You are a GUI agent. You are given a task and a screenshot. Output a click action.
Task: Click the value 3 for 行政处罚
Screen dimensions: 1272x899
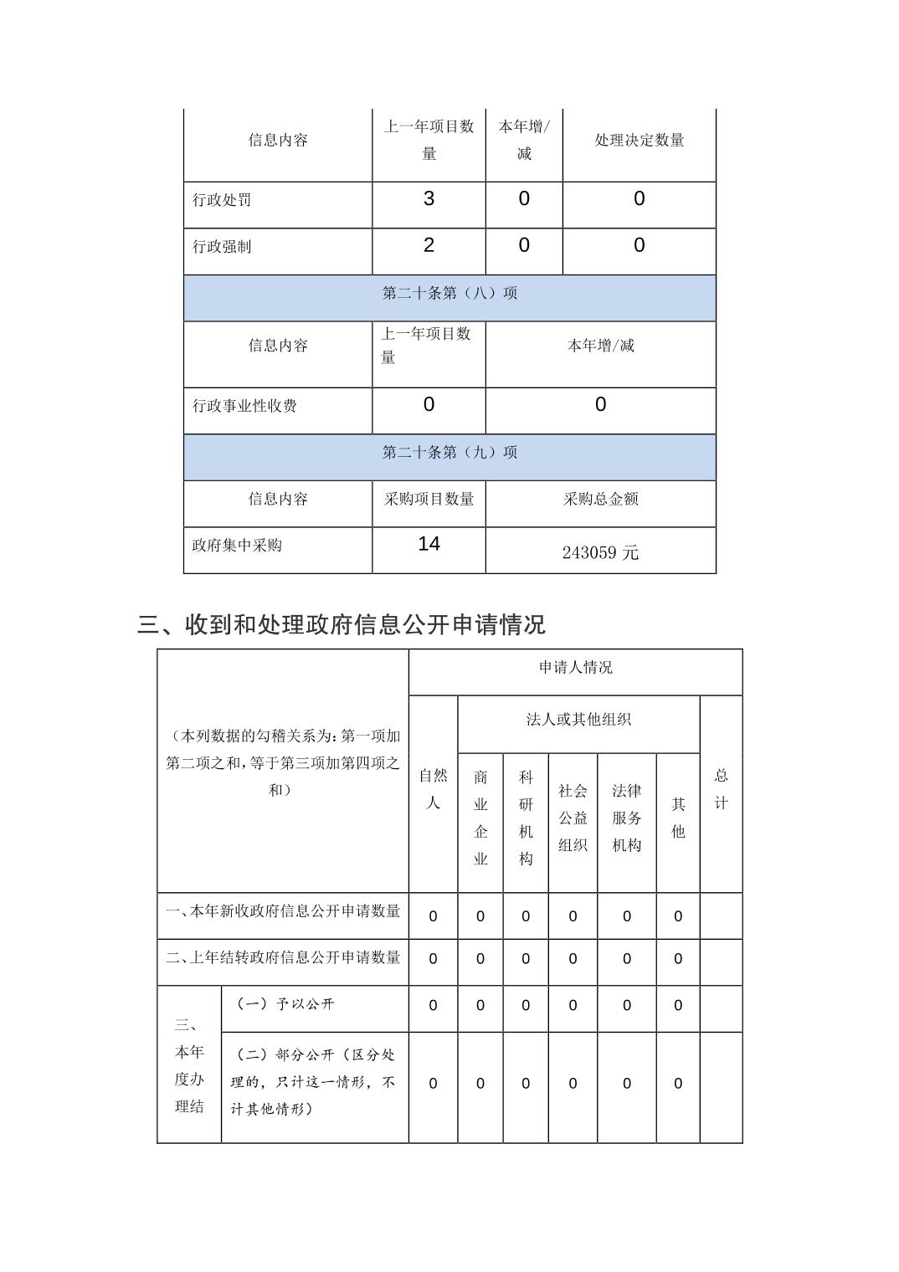point(429,199)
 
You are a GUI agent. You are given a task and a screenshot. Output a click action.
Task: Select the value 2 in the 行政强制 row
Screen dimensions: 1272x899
point(429,245)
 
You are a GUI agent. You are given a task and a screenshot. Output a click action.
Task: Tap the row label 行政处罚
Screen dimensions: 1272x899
point(222,200)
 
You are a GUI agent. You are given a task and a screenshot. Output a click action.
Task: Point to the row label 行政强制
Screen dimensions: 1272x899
point(222,247)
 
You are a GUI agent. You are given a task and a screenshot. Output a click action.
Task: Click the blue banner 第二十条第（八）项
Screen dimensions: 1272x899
point(449,293)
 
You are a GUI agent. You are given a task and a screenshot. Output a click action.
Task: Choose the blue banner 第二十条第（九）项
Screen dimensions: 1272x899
point(449,453)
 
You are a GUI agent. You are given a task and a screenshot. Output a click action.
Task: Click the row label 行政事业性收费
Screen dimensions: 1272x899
point(244,406)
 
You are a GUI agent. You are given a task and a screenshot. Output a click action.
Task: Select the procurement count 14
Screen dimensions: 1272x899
point(429,544)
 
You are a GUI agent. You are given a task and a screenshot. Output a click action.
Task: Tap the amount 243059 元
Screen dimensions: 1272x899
point(600,552)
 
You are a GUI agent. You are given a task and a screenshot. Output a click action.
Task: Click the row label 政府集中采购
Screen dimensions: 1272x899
point(237,546)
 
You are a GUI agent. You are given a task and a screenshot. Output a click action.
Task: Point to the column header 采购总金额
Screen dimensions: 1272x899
point(600,499)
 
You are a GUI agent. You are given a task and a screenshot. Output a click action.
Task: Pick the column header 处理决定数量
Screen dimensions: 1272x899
point(639,141)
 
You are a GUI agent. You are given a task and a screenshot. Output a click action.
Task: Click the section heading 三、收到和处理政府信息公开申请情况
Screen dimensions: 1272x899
point(342,624)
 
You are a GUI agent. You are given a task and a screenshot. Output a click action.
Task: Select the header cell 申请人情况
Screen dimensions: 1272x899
point(575,668)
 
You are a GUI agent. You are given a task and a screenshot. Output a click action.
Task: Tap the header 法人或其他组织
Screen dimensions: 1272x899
point(578,720)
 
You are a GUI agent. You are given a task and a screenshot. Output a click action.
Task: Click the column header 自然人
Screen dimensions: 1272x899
point(433,789)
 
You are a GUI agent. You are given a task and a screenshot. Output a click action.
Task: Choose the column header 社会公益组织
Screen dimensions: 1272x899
point(573,818)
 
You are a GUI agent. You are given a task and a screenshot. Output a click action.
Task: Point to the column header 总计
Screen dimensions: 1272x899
point(721,789)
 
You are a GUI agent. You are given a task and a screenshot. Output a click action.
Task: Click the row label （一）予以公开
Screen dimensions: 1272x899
point(285,1004)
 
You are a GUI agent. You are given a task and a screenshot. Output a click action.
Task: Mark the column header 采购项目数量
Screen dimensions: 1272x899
point(429,499)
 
